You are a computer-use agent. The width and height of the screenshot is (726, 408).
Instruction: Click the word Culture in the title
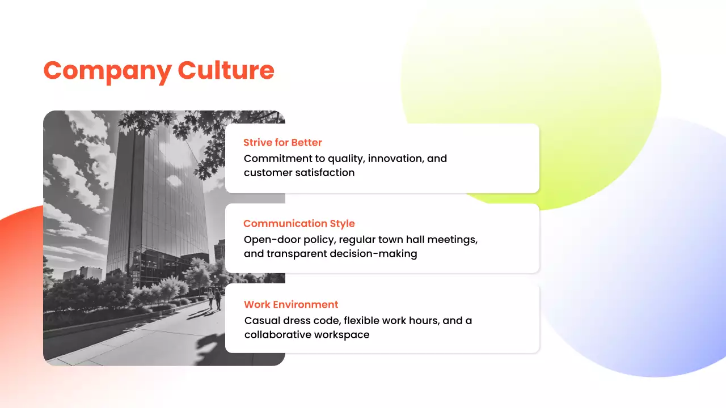coord(226,70)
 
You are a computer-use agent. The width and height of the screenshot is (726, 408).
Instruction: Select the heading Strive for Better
coord(282,142)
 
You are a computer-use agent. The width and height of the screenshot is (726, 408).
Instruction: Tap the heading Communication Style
coord(299,223)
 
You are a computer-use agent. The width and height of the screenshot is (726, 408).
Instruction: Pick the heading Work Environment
coord(291,304)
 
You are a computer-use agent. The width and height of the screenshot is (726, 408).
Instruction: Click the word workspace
coord(343,335)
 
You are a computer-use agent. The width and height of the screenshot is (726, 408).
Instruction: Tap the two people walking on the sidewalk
coord(214,298)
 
